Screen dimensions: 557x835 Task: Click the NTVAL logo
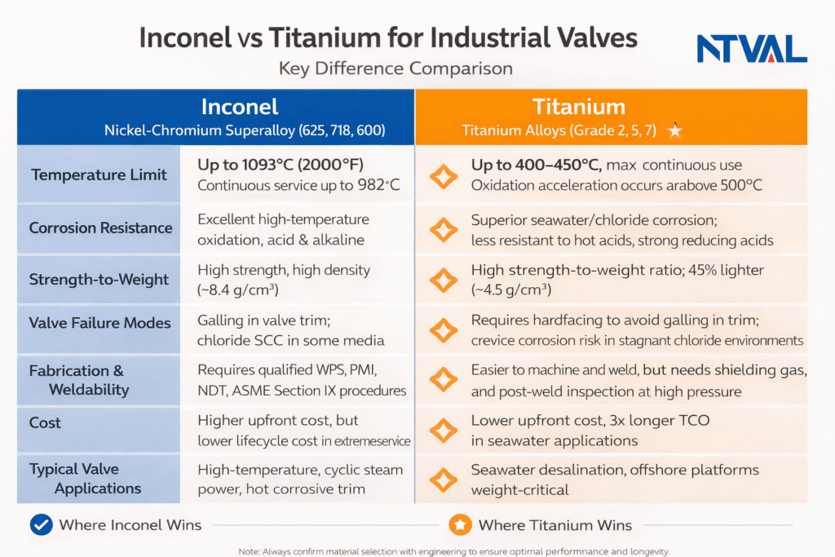pos(751,49)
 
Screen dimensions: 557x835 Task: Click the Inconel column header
pos(240,107)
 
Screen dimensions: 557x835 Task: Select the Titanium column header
pos(579,107)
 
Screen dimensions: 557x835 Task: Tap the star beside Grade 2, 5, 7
pos(674,130)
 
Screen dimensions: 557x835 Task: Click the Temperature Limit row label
pos(99,175)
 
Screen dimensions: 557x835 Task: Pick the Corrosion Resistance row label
pos(100,228)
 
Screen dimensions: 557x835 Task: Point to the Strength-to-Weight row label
pos(100,280)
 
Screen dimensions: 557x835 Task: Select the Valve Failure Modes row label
pos(100,324)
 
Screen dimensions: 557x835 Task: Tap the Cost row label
pos(45,423)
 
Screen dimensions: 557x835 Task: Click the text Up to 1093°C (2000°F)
pos(281,165)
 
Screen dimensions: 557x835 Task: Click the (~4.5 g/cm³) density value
pos(511,290)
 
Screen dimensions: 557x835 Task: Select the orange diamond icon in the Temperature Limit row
pos(444,175)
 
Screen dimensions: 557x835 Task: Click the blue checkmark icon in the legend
pos(41,525)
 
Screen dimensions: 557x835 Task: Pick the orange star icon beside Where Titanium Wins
pos(460,525)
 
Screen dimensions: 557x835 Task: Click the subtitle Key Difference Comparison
pos(395,69)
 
